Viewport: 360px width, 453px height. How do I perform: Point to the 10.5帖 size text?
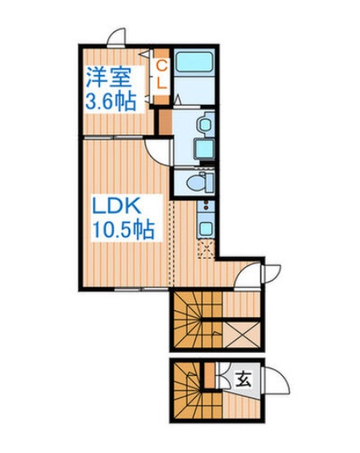tap(120, 230)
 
